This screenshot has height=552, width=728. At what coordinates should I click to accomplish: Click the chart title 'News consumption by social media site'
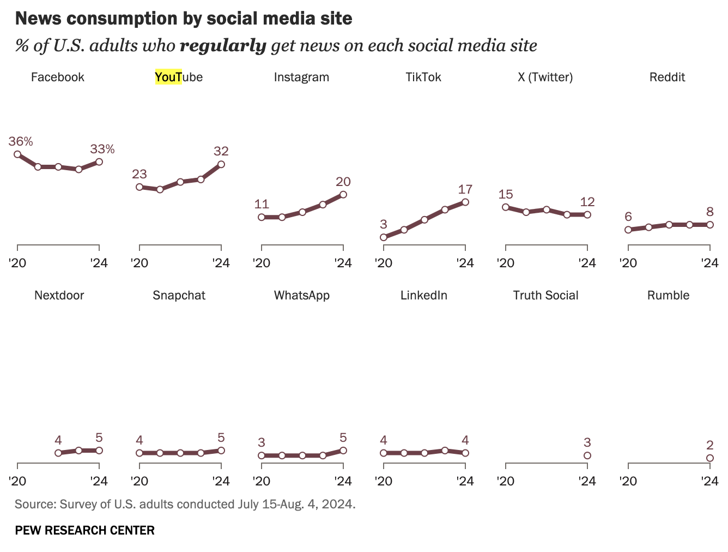[x=184, y=19]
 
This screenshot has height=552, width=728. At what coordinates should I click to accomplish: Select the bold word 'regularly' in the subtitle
[x=223, y=45]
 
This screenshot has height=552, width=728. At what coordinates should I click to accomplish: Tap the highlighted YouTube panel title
[x=179, y=77]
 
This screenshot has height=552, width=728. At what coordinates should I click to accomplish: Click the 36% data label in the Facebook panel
[x=21, y=141]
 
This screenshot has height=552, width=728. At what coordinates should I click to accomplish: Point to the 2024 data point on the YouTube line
[x=221, y=164]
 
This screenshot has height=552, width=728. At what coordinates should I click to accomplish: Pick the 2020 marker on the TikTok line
[x=384, y=237]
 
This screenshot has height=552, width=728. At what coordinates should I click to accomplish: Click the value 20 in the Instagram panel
[x=343, y=182]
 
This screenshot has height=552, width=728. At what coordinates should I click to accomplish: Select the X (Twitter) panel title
[x=545, y=77]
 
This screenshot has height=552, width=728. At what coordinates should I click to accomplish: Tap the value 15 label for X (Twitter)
[x=506, y=194]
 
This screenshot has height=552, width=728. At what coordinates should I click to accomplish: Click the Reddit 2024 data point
[x=709, y=225]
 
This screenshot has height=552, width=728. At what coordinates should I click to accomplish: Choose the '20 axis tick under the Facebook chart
[x=17, y=263]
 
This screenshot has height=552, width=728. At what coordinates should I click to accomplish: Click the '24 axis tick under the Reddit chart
[x=709, y=263]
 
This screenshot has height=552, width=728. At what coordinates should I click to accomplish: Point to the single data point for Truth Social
[x=587, y=455]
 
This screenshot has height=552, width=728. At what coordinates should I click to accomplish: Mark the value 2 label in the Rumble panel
[x=709, y=445]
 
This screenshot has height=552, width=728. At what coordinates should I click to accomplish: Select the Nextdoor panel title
[x=59, y=295]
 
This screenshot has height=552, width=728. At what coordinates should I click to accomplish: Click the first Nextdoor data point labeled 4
[x=58, y=453]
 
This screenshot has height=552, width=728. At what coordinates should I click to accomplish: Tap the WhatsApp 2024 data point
[x=343, y=451]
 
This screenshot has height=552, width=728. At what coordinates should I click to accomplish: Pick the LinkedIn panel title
[x=424, y=295]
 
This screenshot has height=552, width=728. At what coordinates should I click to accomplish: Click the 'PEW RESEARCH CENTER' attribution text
[x=84, y=530]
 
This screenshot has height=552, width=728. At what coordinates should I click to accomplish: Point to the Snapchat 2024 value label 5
[x=221, y=437]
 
